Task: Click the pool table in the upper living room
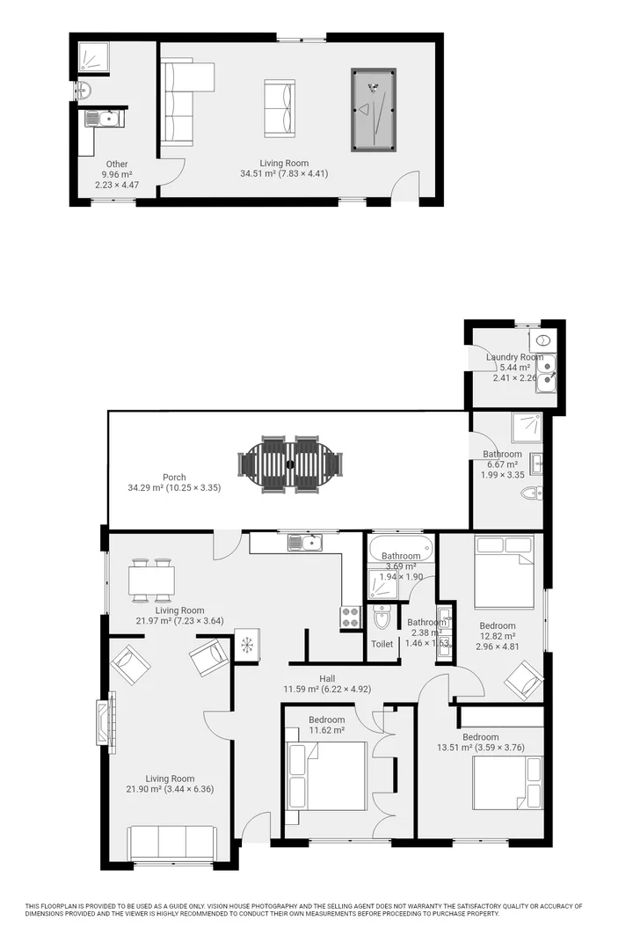[374, 109]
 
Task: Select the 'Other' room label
[117, 164]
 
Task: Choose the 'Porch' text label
[174, 478]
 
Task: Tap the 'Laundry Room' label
[514, 357]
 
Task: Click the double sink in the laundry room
[545, 372]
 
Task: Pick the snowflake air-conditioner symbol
[247, 646]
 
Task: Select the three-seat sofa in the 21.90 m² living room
[172, 842]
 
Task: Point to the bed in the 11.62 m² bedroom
[327, 776]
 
